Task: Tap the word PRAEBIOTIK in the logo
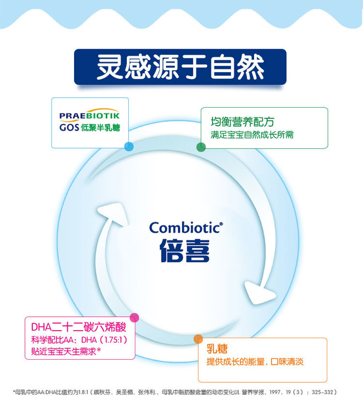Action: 90,116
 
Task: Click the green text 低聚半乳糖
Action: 101,127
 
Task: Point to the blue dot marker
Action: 129,146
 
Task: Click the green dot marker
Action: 201,147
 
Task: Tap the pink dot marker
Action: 134,317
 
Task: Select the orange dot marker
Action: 198,339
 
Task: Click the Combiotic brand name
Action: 184,228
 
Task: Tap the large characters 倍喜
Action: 184,250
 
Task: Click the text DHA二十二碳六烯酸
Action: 79,328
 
